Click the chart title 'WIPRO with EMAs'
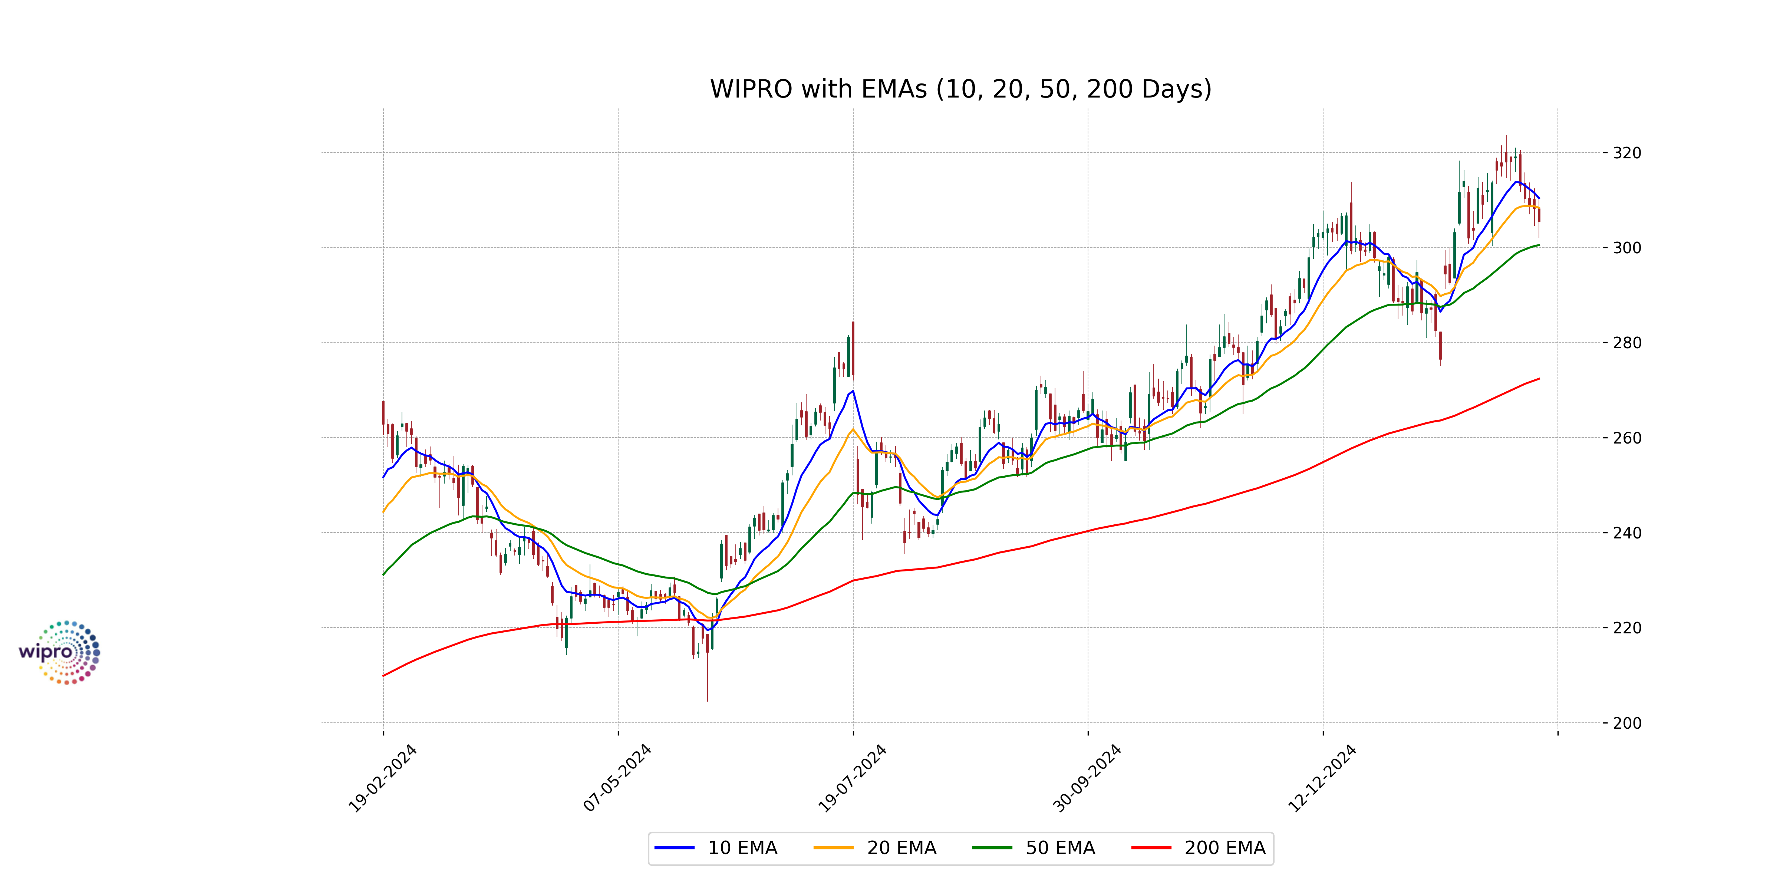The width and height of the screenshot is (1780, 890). [960, 89]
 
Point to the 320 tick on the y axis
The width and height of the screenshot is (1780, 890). [1626, 153]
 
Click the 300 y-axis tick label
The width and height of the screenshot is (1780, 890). [1626, 247]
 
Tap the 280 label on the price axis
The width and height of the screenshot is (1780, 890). [1626, 343]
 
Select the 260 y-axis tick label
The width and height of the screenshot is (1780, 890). [1626, 438]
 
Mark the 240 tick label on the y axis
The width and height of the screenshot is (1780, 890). [1626, 533]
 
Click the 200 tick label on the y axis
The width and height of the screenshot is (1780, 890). [1626, 723]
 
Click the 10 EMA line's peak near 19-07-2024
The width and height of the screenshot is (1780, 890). [853, 391]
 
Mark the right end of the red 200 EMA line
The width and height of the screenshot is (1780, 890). [1539, 379]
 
